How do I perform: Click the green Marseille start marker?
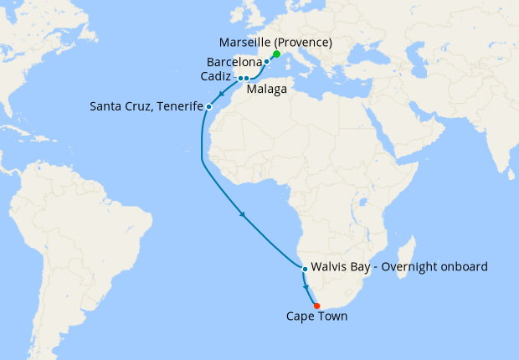[276, 54]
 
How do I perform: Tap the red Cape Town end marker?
[316, 305]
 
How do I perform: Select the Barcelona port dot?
[266, 62]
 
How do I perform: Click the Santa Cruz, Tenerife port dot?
[208, 106]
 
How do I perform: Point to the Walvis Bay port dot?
[305, 270]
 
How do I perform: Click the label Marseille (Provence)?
[275, 43]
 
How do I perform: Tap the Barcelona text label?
[234, 62]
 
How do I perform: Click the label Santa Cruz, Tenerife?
[147, 106]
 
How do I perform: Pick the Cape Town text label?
[316, 317]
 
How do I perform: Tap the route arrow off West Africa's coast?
[244, 214]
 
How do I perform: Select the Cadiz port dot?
[240, 78]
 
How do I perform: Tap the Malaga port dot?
[247, 78]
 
